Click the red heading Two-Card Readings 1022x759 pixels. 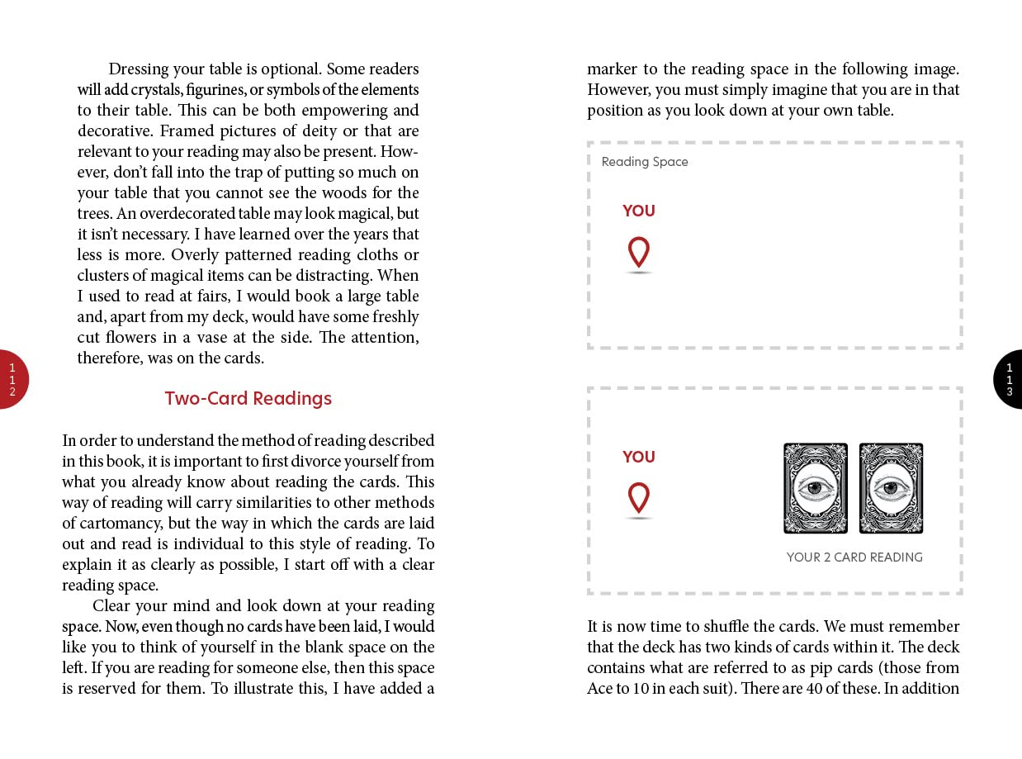pyautogui.click(x=248, y=398)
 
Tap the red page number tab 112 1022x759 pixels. pyautogui.click(x=12, y=379)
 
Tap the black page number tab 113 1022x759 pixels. pyautogui.click(x=1009, y=379)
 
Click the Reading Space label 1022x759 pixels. pyautogui.click(x=644, y=162)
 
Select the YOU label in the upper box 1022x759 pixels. pyautogui.click(x=638, y=211)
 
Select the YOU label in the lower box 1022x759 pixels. pyautogui.click(x=638, y=457)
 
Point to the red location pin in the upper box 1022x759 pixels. pyautogui.click(x=638, y=252)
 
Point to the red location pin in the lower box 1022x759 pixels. pyautogui.click(x=638, y=498)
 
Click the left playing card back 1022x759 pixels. pyautogui.click(x=815, y=488)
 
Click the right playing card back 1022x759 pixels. pyautogui.click(x=891, y=488)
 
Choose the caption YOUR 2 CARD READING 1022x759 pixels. pyautogui.click(x=854, y=557)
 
